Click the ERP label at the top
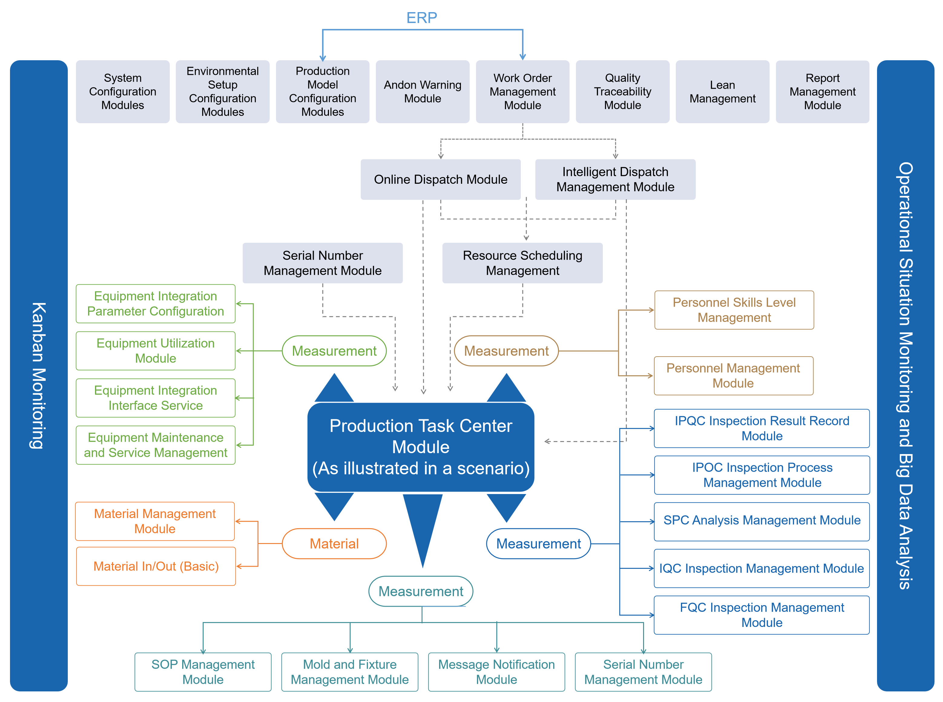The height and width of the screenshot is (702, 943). (x=421, y=18)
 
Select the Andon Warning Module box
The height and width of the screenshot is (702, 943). (x=423, y=92)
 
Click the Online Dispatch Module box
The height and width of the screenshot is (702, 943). (x=441, y=179)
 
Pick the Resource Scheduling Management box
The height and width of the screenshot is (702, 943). (x=522, y=263)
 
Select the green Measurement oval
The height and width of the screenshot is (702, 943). (x=334, y=351)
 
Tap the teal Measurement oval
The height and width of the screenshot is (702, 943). (x=421, y=591)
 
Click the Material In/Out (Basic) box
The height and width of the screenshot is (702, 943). (x=156, y=566)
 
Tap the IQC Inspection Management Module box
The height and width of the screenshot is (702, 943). (x=762, y=568)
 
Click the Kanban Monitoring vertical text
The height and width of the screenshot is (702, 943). (x=38, y=376)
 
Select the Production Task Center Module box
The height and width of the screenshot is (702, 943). (x=421, y=447)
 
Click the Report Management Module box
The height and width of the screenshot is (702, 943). (x=822, y=92)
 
